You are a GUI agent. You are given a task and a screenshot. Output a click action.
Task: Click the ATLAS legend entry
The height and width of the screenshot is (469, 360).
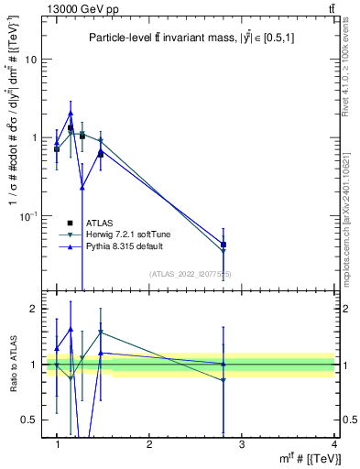click(x=99, y=223)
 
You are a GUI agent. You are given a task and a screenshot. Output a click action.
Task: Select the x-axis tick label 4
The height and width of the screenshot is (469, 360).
click(x=334, y=444)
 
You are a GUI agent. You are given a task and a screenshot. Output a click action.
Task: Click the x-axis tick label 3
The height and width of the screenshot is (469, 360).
click(x=242, y=444)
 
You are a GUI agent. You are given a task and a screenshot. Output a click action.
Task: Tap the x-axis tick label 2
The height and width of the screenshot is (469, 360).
click(x=150, y=444)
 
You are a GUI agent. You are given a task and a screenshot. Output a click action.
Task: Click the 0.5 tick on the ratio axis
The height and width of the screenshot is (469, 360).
click(x=33, y=420)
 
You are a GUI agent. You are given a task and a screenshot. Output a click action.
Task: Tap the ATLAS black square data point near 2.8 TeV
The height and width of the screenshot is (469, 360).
click(x=224, y=245)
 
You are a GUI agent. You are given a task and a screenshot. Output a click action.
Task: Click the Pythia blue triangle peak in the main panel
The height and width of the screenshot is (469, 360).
click(x=71, y=113)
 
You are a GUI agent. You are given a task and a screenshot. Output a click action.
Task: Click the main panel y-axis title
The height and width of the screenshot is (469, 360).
click(x=14, y=151)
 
